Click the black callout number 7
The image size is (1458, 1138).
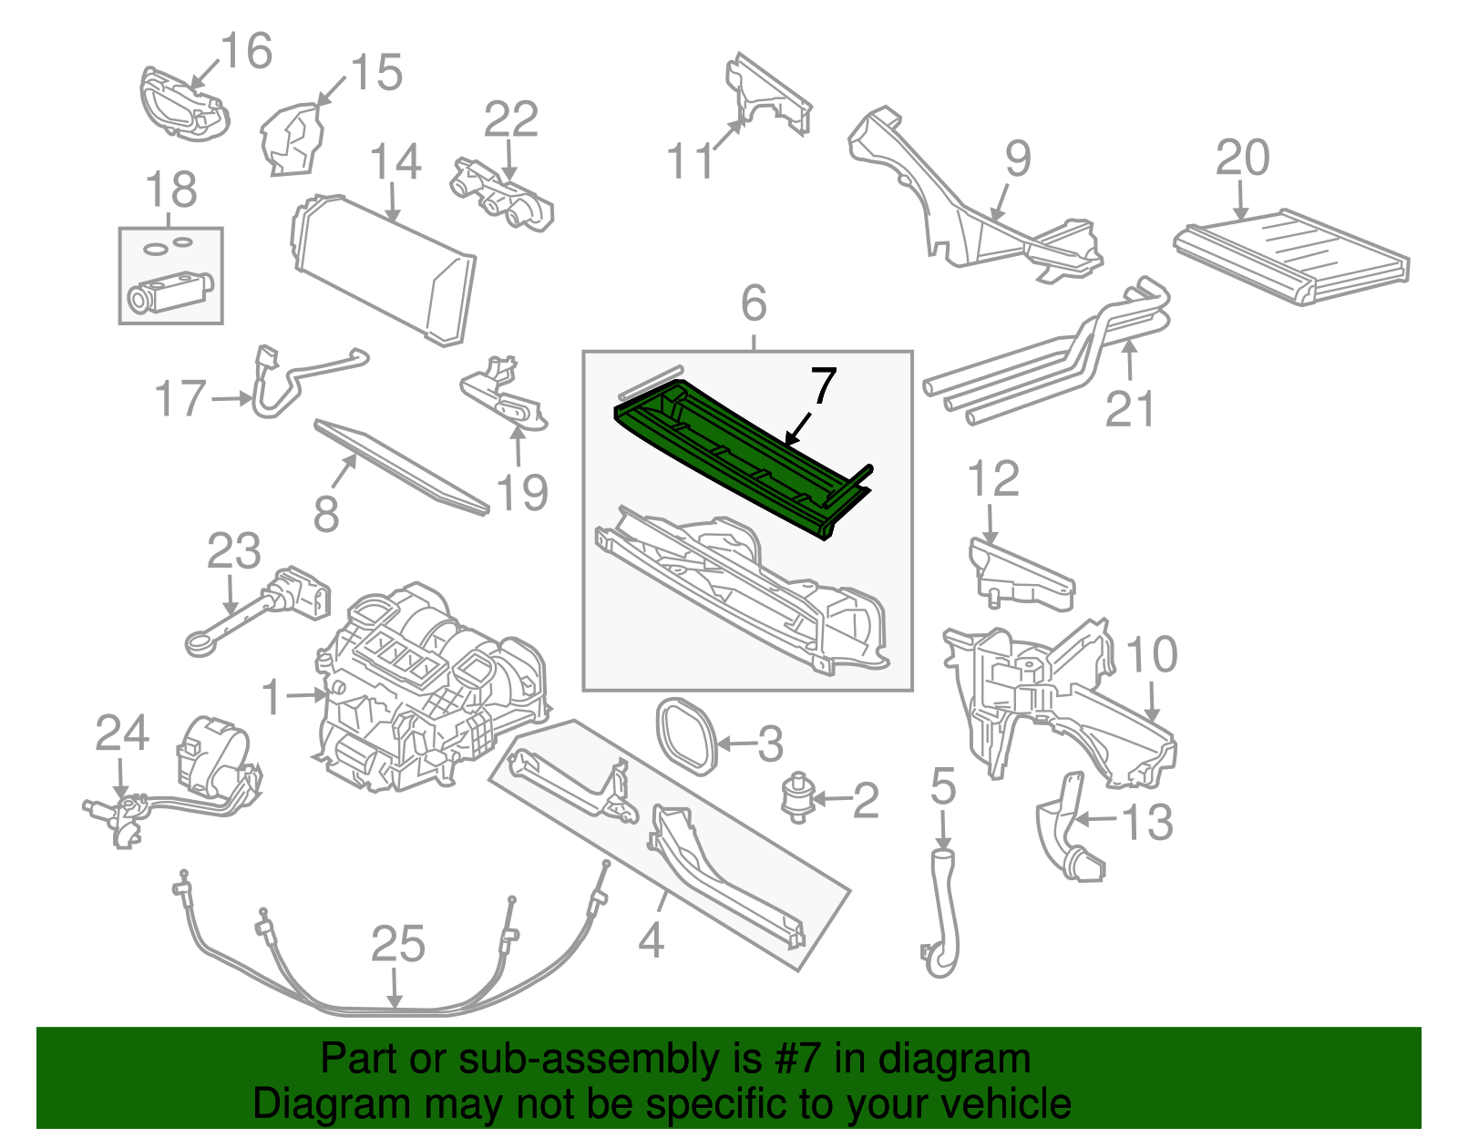pos(823,387)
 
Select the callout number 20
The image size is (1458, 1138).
pos(1242,159)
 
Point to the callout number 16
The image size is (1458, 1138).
pos(246,51)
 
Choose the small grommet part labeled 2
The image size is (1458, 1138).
pos(798,797)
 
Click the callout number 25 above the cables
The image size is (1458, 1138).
pos(398,944)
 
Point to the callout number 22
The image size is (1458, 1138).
pos(510,119)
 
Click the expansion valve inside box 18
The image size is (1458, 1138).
pos(169,292)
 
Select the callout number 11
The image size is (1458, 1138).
pos(690,162)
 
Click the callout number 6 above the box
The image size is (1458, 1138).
pos(754,303)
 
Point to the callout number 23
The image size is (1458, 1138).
pos(234,552)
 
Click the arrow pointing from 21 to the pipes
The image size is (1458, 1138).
pos(1130,360)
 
